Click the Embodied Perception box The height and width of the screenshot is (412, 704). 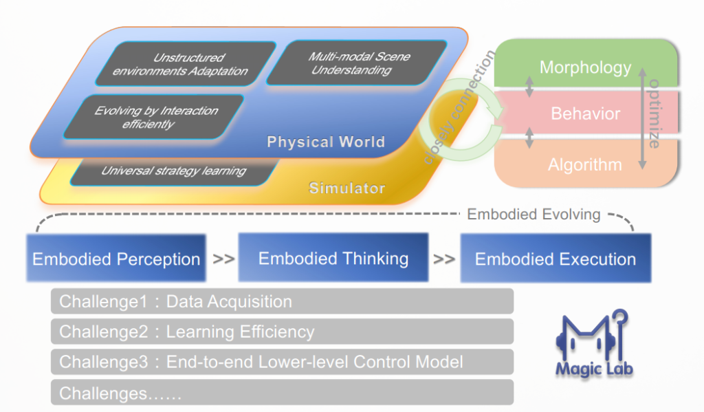pyautogui.click(x=116, y=259)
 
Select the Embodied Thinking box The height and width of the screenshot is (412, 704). pyautogui.click(x=333, y=258)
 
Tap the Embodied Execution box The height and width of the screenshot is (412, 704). pyautogui.click(x=555, y=259)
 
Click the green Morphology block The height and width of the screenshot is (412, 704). pyautogui.click(x=585, y=67)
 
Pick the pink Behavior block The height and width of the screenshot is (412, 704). pyautogui.click(x=585, y=113)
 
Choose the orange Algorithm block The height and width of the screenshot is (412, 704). pyautogui.click(x=585, y=164)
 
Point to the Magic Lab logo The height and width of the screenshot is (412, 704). pyautogui.click(x=593, y=344)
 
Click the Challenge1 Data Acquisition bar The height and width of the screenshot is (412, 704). pyautogui.click(x=282, y=301)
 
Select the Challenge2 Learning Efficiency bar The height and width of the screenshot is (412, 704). pyautogui.click(x=282, y=332)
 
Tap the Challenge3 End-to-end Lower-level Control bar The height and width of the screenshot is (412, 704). pyautogui.click(x=282, y=362)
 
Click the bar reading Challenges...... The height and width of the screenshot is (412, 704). pyautogui.click(x=282, y=393)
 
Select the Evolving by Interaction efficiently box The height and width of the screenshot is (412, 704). pyautogui.click(x=156, y=117)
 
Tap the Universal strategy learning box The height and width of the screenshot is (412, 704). pyautogui.click(x=173, y=171)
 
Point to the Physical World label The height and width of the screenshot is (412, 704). pyautogui.click(x=325, y=142)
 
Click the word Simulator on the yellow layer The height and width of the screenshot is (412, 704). pyautogui.click(x=346, y=188)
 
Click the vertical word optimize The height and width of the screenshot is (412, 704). pyautogui.click(x=654, y=113)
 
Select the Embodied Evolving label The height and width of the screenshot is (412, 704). pyautogui.click(x=533, y=214)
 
